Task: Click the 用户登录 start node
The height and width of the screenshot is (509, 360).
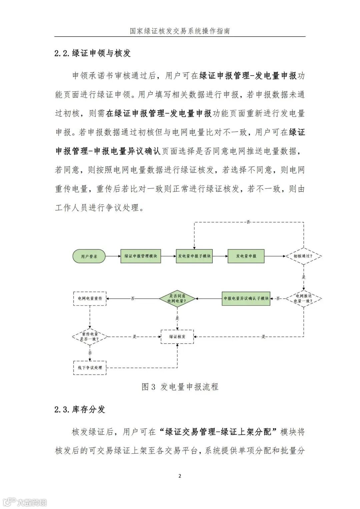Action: click(89, 256)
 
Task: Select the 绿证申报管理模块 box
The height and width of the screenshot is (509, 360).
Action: click(140, 256)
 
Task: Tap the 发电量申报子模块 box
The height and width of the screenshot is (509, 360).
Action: click(194, 256)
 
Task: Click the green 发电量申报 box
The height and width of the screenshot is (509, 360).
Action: click(246, 256)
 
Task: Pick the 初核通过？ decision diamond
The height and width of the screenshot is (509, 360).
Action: click(303, 256)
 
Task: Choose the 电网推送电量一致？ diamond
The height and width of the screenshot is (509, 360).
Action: click(303, 298)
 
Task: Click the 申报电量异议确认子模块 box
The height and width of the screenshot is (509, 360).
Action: click(246, 298)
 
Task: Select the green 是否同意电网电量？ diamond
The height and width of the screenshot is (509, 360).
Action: click(177, 298)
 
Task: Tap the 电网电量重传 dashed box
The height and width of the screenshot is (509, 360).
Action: click(90, 298)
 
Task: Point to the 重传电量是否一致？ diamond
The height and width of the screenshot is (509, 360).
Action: click(90, 336)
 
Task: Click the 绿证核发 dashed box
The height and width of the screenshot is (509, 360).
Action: click(177, 336)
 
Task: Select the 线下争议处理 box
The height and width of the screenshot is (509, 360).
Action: click(90, 368)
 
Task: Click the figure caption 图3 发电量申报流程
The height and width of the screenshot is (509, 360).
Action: click(180, 387)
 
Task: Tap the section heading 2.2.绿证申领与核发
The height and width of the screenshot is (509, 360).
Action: click(93, 53)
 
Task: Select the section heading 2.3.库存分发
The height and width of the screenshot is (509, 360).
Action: click(80, 409)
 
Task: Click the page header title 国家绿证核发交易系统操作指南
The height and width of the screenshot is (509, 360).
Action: click(180, 31)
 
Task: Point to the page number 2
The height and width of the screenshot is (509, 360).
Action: click(180, 476)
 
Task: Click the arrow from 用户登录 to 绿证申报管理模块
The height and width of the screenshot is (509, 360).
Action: click(113, 256)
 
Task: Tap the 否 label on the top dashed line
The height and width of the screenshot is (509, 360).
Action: click(248, 222)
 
